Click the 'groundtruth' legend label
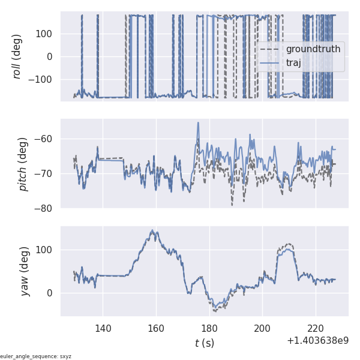point(313,49)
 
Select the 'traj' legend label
point(293,62)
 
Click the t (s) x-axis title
point(204,343)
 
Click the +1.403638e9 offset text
point(317,340)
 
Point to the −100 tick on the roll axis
point(43,80)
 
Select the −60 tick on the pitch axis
point(46,139)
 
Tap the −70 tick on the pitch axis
point(46,174)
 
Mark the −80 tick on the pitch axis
point(46,209)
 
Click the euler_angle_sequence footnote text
point(36,356)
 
